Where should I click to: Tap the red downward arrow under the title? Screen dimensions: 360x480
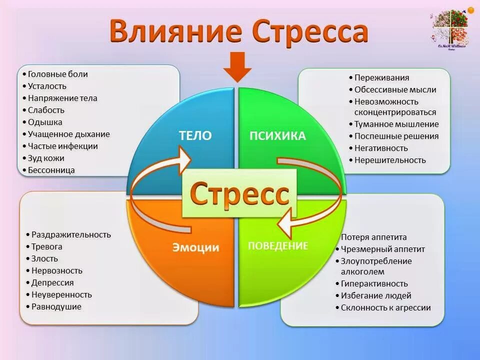(237, 67)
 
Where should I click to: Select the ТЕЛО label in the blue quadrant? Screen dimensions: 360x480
(195, 135)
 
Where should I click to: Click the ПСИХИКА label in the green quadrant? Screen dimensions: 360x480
(277, 136)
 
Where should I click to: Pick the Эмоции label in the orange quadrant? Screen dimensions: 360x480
(196, 247)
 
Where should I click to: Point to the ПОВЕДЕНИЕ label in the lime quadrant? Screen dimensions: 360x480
(278, 245)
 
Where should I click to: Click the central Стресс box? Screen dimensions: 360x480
(239, 193)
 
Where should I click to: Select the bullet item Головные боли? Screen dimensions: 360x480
(57, 74)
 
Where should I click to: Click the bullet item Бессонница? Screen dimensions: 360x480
(51, 170)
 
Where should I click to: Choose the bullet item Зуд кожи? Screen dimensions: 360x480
(46, 158)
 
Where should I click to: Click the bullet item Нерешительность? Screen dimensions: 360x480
(390, 160)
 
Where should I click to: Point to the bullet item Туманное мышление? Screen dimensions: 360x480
(396, 124)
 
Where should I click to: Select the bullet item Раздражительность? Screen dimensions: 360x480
(71, 234)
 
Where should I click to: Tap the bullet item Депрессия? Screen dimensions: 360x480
(52, 282)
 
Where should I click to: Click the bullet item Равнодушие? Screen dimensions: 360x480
(56, 306)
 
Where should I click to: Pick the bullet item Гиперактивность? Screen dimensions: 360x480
(374, 283)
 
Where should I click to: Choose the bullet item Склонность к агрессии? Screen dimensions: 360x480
(385, 307)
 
